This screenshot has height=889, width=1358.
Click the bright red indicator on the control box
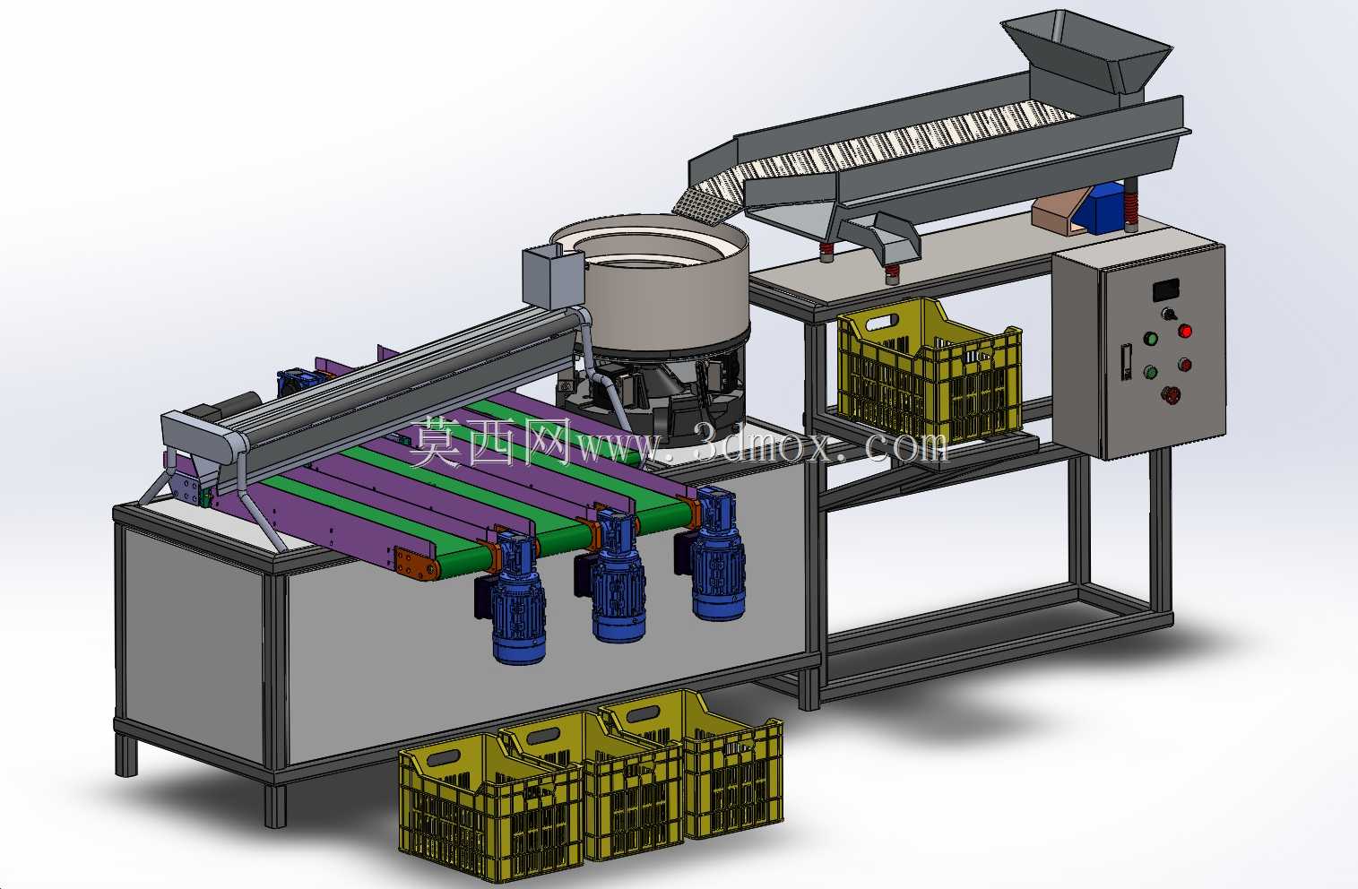tap(1185, 331)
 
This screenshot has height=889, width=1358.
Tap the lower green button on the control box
tap(1149, 372)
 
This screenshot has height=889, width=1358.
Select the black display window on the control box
tap(1165, 289)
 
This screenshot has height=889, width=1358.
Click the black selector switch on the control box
tap(1167, 315)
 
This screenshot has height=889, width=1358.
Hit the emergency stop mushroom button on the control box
tap(1170, 394)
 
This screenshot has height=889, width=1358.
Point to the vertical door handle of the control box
tap(1127, 362)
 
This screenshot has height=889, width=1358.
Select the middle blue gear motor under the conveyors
tap(614, 575)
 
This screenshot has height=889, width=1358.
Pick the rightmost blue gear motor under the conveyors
tap(714, 554)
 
